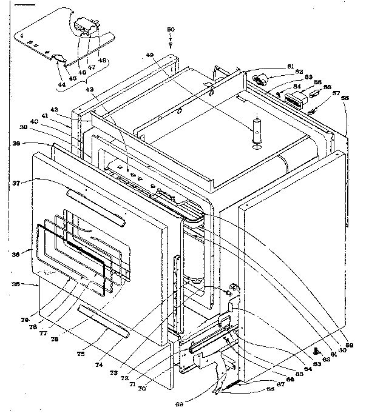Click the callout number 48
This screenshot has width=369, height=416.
[102, 59]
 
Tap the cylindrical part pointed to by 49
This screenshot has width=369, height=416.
[257, 132]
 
